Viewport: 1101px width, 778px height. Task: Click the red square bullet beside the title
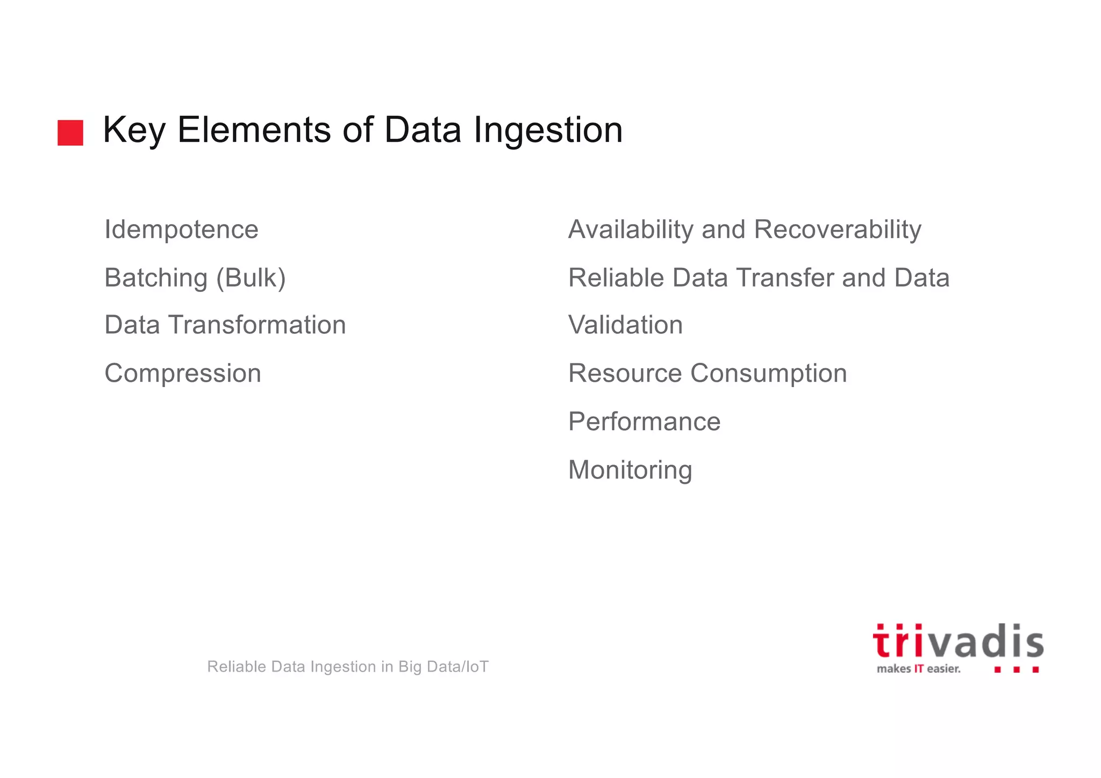(70, 133)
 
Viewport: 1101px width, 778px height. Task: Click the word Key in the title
(134, 130)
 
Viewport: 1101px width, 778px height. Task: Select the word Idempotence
(181, 230)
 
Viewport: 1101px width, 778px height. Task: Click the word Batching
(156, 278)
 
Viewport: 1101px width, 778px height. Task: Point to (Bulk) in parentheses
(251, 278)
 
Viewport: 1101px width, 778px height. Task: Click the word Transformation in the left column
(257, 325)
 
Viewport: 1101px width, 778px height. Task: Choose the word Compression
(183, 373)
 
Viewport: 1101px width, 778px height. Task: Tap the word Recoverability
(838, 230)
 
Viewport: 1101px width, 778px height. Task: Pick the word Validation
(625, 325)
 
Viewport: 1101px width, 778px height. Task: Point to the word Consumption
(768, 373)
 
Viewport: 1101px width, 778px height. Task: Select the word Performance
(644, 422)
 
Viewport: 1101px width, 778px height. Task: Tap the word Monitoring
(630, 470)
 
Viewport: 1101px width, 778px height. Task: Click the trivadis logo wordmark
(957, 643)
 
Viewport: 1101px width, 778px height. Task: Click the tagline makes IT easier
(918, 669)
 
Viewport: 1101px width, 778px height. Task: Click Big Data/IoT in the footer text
(443, 667)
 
